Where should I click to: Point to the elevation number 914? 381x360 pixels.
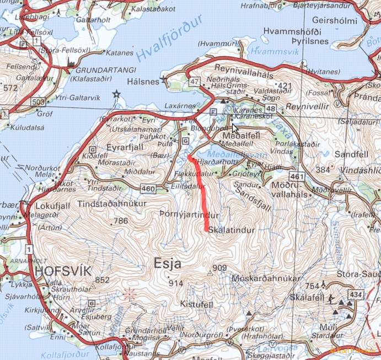tap(176, 283)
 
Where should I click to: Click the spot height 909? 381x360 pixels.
tap(219, 268)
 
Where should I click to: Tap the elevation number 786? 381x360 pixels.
tap(120, 221)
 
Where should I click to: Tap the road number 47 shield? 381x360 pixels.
tap(194, 82)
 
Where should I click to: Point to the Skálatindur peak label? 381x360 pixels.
tap(233, 230)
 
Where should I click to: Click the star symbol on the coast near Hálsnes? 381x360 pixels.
tap(116, 94)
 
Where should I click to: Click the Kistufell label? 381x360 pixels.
tap(196, 304)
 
